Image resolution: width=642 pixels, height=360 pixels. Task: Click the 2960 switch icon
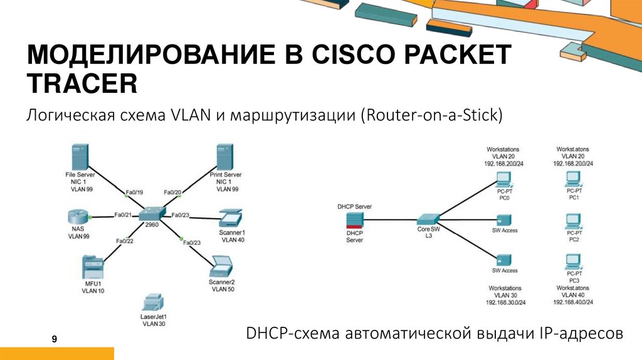coord(154,214)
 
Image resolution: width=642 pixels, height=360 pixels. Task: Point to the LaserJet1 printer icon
coord(154,304)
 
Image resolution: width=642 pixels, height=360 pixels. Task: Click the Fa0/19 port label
coord(134,192)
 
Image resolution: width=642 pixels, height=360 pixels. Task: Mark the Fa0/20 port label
coord(172,192)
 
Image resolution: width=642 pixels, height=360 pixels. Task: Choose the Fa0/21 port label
coord(123,214)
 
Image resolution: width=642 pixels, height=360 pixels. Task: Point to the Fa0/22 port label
coord(125,240)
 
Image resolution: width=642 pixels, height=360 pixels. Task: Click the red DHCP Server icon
coord(355,219)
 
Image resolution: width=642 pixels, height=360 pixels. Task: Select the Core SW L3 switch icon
coord(429,219)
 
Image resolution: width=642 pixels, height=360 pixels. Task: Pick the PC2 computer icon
coord(573,221)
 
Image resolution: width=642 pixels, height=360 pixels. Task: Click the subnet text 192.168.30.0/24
coord(505,302)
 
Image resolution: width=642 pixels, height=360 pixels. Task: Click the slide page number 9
coord(55,339)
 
